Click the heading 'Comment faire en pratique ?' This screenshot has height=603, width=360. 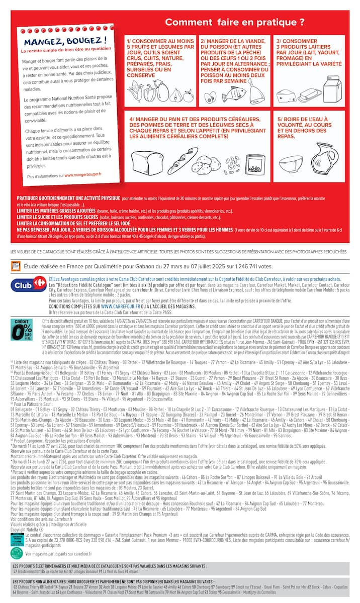click(x=235, y=22)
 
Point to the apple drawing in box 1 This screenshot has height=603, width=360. click(x=189, y=95)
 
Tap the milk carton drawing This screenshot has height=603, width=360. click(x=331, y=90)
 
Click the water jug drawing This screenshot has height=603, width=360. click(x=326, y=157)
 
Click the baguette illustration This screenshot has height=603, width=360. click(x=179, y=160)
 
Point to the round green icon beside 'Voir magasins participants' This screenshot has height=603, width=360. click(x=17, y=553)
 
